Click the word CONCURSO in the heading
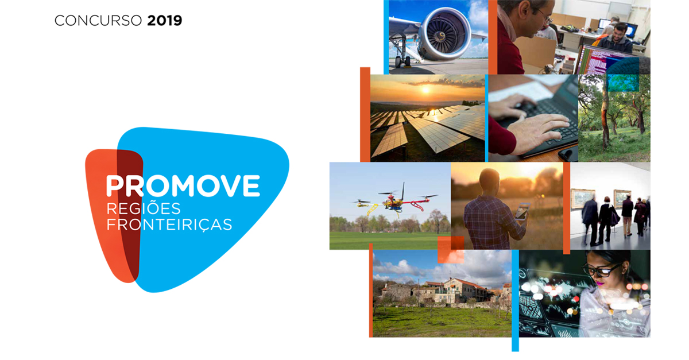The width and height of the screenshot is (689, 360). [98, 21]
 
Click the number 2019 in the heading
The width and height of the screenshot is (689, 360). [165, 21]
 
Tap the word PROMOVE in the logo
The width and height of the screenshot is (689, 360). [183, 186]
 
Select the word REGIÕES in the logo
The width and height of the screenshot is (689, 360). [144, 208]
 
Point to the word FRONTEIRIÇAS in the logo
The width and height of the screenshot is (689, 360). [169, 224]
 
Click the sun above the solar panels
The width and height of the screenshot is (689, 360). [425, 90]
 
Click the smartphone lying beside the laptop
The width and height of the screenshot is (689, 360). [568, 153]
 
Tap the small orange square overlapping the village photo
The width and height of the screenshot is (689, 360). [451, 250]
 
